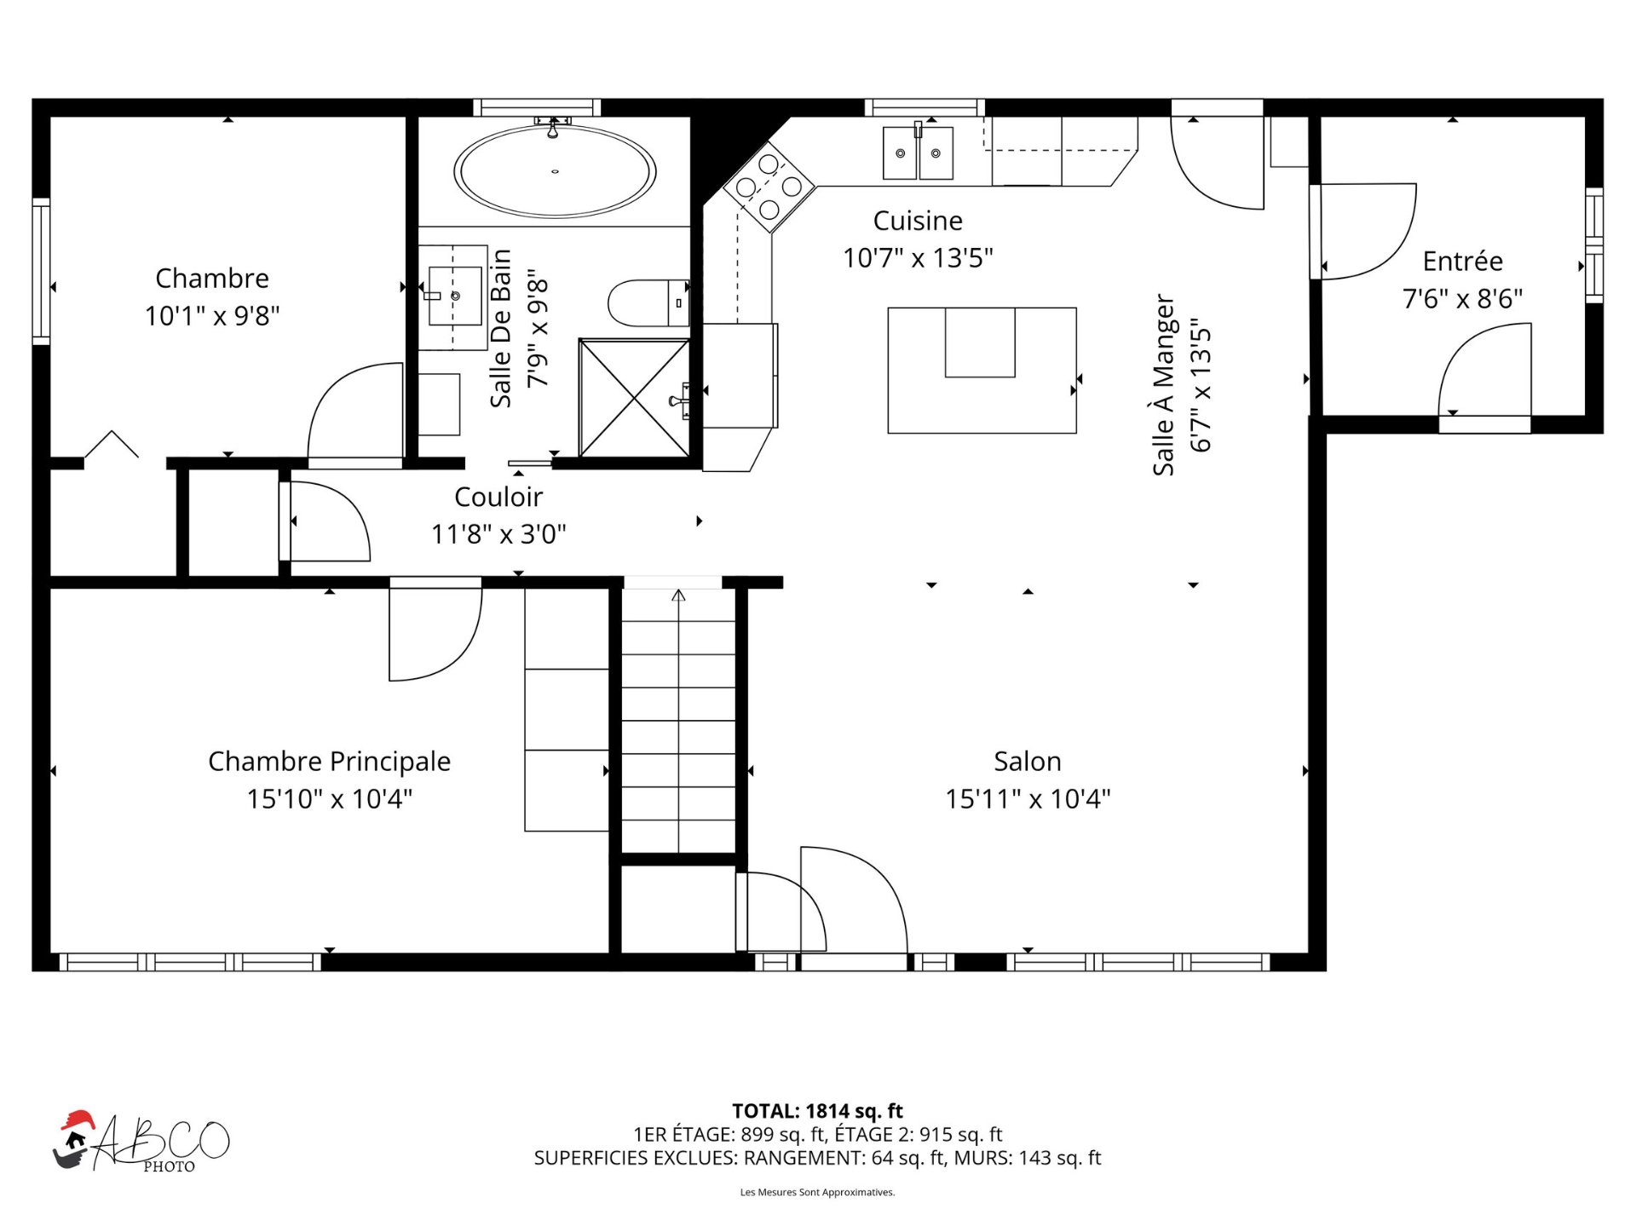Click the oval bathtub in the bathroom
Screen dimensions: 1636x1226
tap(555, 171)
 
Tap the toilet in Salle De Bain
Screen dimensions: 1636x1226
tap(648, 302)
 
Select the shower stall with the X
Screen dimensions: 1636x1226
tap(635, 398)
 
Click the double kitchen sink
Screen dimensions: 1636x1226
tap(918, 153)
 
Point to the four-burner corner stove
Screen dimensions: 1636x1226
tap(769, 186)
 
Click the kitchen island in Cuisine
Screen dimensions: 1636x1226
tap(982, 371)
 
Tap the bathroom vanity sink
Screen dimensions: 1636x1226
tap(455, 296)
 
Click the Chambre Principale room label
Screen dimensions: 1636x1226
tap(330, 761)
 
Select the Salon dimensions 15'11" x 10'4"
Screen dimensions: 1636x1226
tap(1028, 798)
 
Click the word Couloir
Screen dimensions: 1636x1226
tap(498, 497)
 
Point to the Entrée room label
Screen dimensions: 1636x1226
tap(1463, 261)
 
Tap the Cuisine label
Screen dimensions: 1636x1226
tap(918, 221)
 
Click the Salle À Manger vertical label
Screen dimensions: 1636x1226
tap(1163, 385)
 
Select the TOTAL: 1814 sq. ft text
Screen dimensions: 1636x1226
tap(817, 1111)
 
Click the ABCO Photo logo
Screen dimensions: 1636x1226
tap(141, 1142)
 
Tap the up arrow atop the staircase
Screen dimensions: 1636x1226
tap(678, 596)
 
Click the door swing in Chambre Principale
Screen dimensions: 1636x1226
tap(452, 654)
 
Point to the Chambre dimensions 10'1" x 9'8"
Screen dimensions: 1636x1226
tap(212, 316)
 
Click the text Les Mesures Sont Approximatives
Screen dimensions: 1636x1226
tap(817, 1192)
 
